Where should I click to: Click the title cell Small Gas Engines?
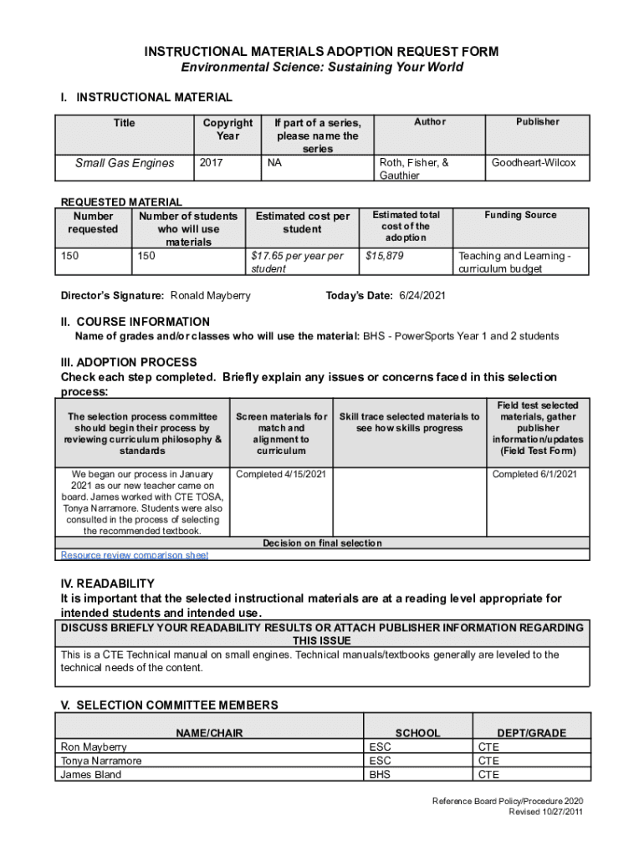[x=125, y=163]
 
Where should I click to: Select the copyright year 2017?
[x=211, y=163]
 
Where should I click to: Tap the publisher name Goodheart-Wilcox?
[x=534, y=163]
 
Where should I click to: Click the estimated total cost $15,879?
[x=385, y=256]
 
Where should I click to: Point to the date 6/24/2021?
[x=423, y=296]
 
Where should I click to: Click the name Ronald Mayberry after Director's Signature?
[x=210, y=296]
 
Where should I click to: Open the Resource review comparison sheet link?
[x=135, y=555]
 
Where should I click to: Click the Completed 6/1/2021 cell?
[x=534, y=474]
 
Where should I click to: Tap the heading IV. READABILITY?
[x=107, y=583]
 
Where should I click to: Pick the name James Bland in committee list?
[x=90, y=774]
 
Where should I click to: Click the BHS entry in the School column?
[x=379, y=774]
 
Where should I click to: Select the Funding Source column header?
[x=520, y=215]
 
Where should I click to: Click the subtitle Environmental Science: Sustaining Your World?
[x=322, y=68]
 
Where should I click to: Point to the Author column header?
[x=429, y=122]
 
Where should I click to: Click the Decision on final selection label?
[x=322, y=543]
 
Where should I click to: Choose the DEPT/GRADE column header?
[x=531, y=733]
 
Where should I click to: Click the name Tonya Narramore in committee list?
[x=101, y=761]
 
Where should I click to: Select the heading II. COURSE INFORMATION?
[x=135, y=322]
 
